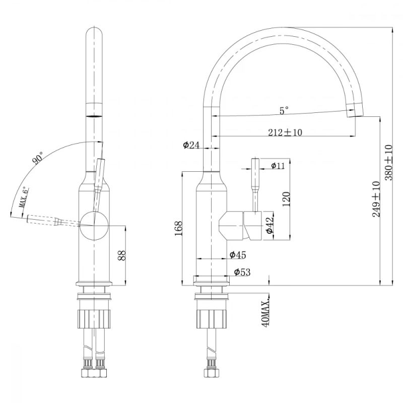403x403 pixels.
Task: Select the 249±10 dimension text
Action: tap(376, 199)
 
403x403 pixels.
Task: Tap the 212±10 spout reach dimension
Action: tap(285, 132)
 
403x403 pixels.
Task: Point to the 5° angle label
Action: tap(285, 109)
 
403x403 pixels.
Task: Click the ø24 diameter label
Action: tap(191, 145)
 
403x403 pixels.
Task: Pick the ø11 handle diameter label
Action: tap(278, 166)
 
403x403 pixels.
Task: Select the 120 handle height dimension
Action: tap(287, 199)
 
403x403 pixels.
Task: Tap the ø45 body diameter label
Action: tap(238, 255)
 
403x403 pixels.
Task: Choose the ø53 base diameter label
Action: tap(242, 272)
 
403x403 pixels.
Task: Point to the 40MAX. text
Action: tap(266, 312)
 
